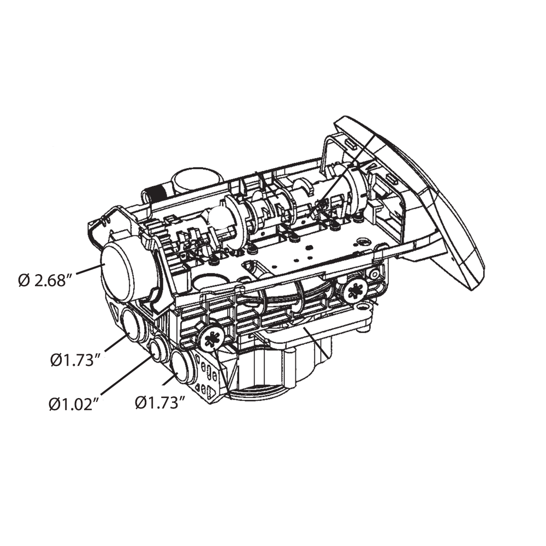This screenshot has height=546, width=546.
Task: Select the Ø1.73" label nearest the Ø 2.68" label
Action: click(75, 359)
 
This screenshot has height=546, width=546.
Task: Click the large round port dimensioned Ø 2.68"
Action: click(118, 271)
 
